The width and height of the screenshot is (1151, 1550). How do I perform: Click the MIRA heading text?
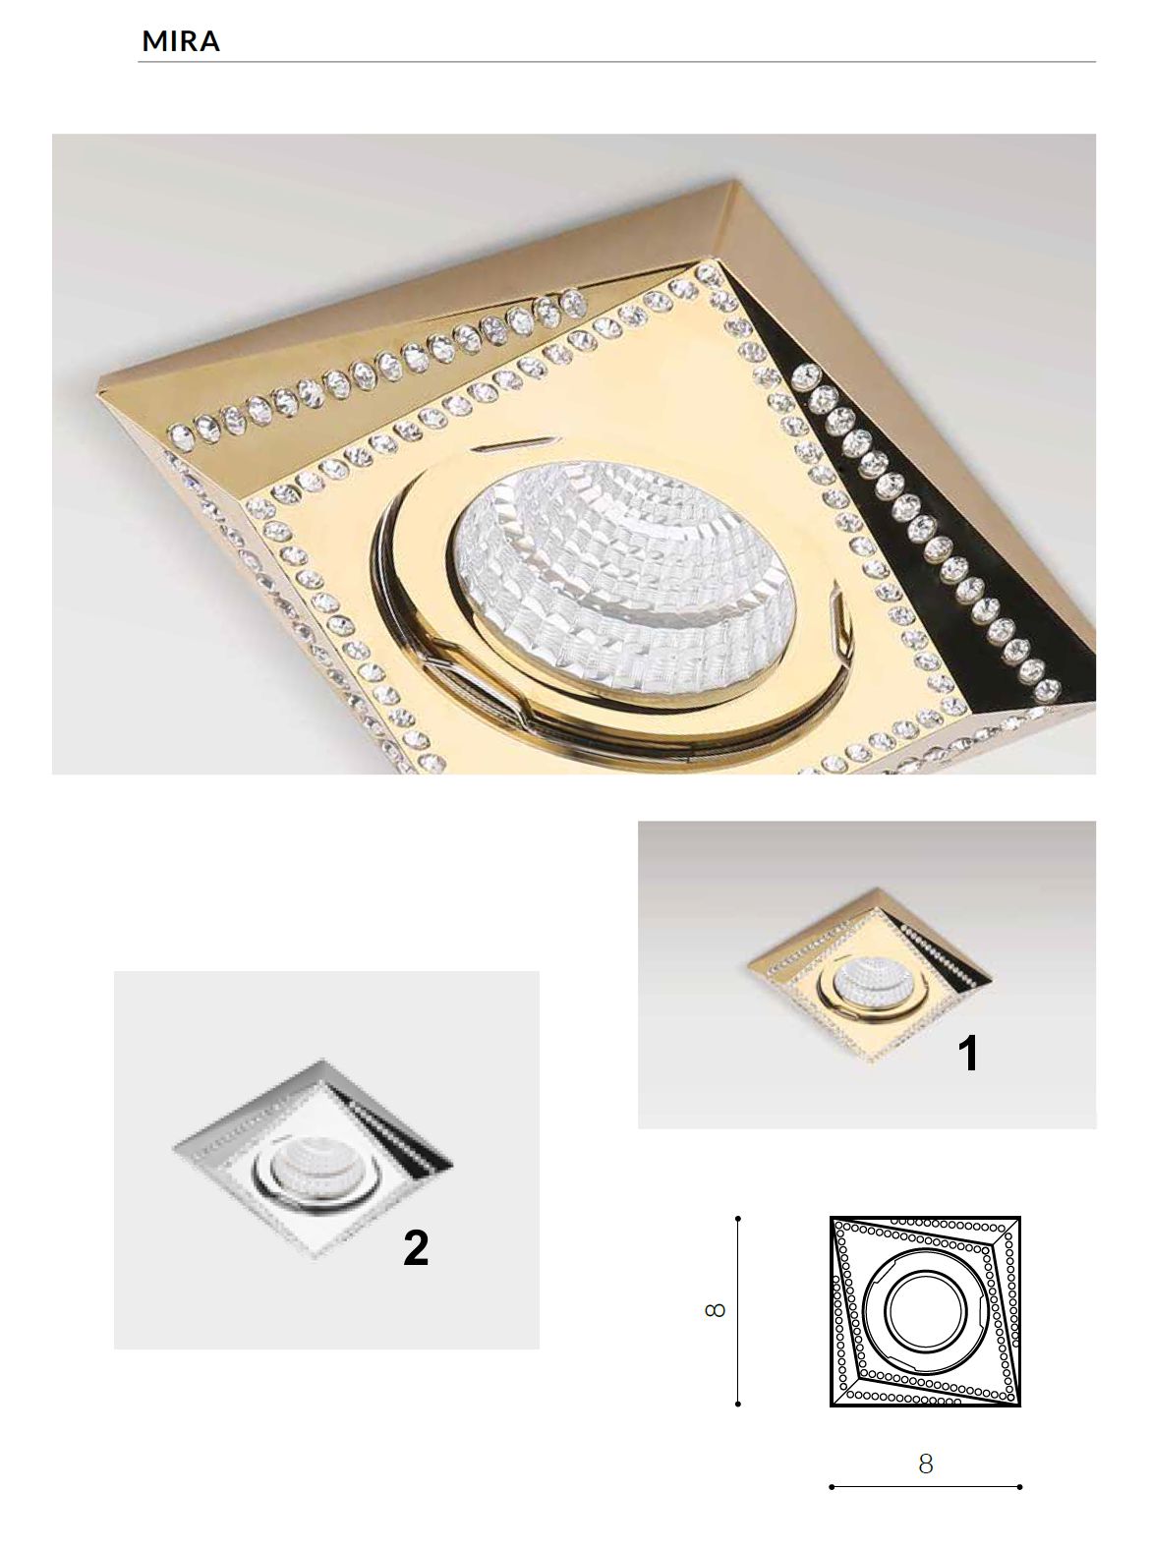[x=180, y=41]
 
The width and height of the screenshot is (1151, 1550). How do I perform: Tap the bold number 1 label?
[x=968, y=1053]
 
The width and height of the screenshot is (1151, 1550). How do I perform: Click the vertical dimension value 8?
[x=715, y=1309]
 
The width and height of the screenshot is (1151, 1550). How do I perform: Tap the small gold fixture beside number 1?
[x=869, y=975]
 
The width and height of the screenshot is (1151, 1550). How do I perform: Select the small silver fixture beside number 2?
[x=314, y=1160]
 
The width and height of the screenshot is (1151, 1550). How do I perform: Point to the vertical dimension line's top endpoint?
[x=738, y=1218]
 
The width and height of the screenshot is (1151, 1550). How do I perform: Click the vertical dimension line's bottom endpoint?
[x=738, y=1404]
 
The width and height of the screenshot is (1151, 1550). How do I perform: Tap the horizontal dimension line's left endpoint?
[x=831, y=1486]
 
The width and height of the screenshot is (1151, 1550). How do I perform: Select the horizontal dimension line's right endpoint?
[x=1020, y=1486]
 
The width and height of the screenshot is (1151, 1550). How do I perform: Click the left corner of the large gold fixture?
[x=100, y=383]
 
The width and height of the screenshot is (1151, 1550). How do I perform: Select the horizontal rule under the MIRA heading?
[x=616, y=62]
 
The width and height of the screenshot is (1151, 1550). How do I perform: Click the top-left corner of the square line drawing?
[x=831, y=1218]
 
